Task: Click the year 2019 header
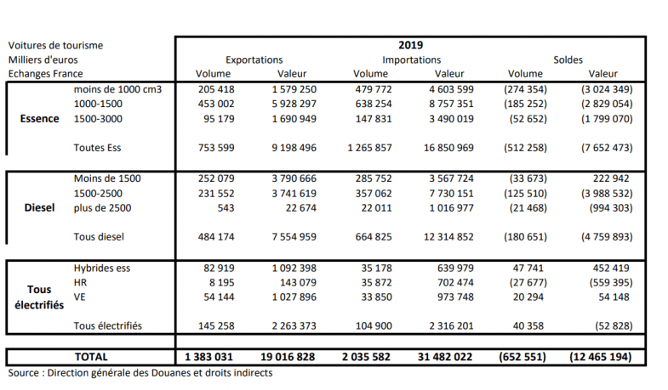pyautogui.click(x=410, y=45)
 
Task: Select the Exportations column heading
pyautogui.click(x=254, y=60)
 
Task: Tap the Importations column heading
pyautogui.click(x=411, y=60)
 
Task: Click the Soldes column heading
pyautogui.click(x=568, y=60)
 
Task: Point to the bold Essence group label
pyautogui.click(x=39, y=119)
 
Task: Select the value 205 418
pyautogui.click(x=203, y=89)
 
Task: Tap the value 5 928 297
pyautogui.click(x=294, y=105)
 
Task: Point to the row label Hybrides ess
pyautogui.click(x=104, y=268)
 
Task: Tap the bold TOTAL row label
pyautogui.click(x=90, y=357)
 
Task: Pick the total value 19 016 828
pyautogui.click(x=288, y=357)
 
